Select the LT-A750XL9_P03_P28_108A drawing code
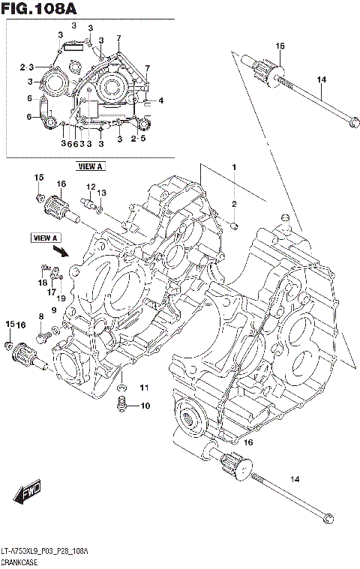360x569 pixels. pos(45,551)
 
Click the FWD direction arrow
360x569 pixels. pos(27,495)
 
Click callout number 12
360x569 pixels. pos(89,187)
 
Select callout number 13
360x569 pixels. pos(102,193)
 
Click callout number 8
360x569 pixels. pos(41,317)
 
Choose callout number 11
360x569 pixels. pos(143,387)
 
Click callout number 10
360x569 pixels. pos(144,406)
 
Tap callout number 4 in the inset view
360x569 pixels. pos(160,100)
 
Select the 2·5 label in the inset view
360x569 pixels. pos(138,139)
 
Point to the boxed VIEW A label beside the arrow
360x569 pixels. pos(45,238)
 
